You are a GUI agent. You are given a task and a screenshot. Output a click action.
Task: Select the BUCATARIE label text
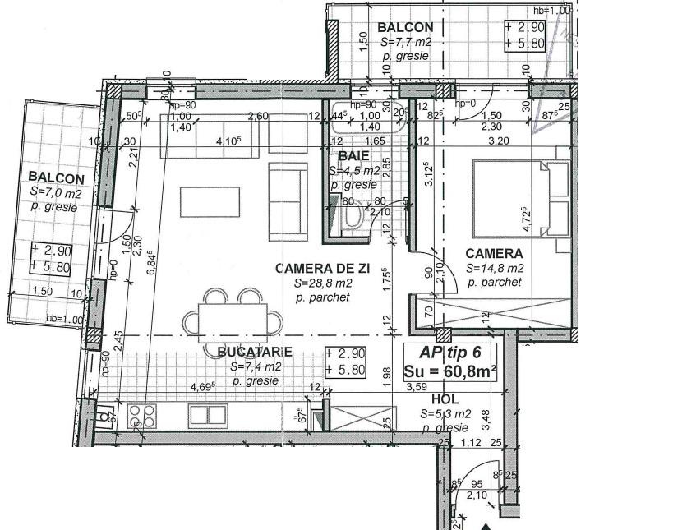pyautogui.click(x=255, y=352)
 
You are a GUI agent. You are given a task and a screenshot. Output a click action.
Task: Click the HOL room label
pyautogui.click(x=445, y=400)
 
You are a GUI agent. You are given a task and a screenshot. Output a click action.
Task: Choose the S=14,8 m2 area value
pyautogui.click(x=494, y=268)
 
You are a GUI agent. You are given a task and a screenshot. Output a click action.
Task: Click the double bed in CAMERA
pyautogui.click(x=520, y=197)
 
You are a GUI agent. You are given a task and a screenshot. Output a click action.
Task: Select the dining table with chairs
pyautogui.click(x=233, y=315)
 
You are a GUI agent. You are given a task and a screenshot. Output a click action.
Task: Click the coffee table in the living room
pyautogui.click(x=210, y=201)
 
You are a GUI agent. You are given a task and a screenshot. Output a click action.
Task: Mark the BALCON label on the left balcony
pyautogui.click(x=56, y=177)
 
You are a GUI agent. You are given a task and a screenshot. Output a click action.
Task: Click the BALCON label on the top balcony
pyautogui.click(x=406, y=27)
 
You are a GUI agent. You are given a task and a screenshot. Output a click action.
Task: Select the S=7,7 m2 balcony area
pyautogui.click(x=406, y=41)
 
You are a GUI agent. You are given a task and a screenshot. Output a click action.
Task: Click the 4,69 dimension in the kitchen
pyautogui.click(x=202, y=386)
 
